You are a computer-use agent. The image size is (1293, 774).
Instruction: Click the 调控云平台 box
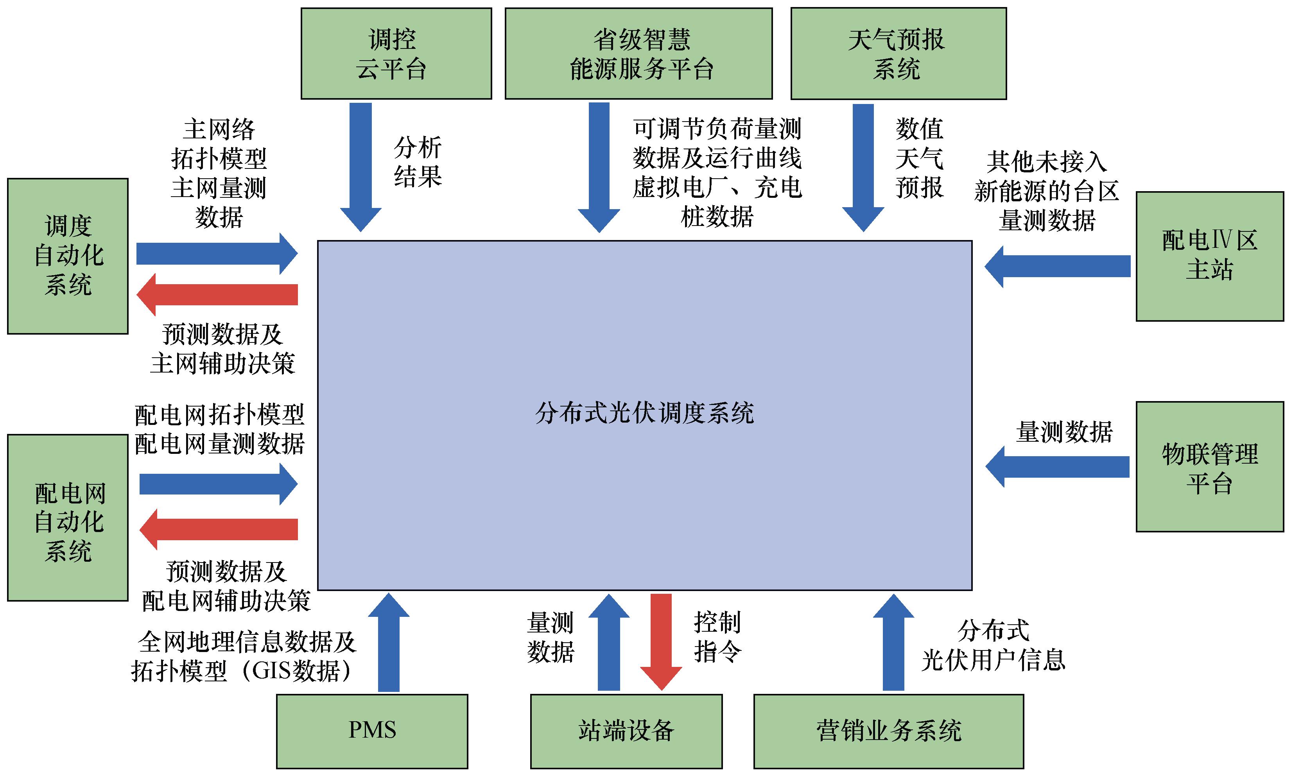click(x=396, y=53)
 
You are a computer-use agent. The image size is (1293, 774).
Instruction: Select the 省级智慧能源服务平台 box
click(x=638, y=53)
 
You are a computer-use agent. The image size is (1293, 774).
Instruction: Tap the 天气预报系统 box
click(x=898, y=53)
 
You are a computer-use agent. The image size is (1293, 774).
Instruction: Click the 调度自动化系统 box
click(x=68, y=256)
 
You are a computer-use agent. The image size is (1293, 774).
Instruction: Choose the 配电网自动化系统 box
click(x=68, y=518)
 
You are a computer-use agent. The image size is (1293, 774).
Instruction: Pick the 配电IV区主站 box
click(x=1210, y=256)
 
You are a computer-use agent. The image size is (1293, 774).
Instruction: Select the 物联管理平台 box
click(x=1210, y=467)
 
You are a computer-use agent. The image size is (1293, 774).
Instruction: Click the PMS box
click(x=372, y=731)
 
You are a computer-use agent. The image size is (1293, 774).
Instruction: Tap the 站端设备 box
click(x=626, y=731)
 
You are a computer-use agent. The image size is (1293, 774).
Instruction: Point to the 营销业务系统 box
click(x=888, y=731)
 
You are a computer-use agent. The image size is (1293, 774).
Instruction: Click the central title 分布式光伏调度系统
click(x=645, y=413)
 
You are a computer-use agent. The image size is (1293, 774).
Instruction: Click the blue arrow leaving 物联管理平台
click(x=1059, y=467)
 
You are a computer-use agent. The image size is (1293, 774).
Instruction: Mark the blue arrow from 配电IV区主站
click(x=1059, y=267)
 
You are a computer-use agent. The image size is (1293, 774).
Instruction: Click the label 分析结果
click(x=418, y=162)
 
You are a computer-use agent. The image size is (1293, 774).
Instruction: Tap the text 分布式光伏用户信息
click(x=993, y=645)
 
